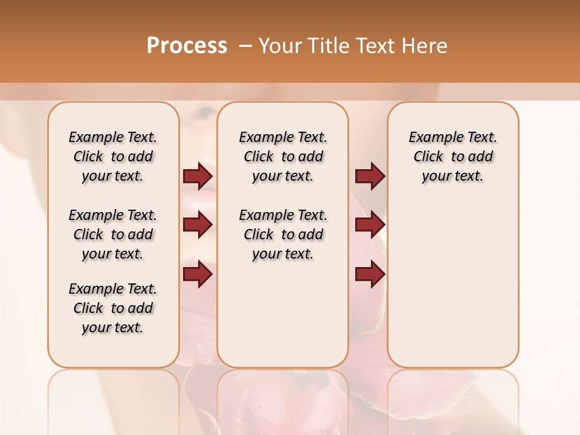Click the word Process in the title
tap(187, 45)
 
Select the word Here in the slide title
tap(426, 45)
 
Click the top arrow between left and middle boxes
tap(198, 176)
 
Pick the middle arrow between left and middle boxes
tap(198, 225)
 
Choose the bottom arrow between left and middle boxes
tap(198, 274)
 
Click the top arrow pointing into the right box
tap(370, 176)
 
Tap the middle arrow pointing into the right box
tap(370, 225)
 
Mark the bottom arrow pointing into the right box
tap(370, 274)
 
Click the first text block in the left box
tap(113, 156)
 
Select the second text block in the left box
tap(113, 234)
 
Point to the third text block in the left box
tap(113, 308)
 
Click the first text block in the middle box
tap(283, 156)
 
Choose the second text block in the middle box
tap(283, 234)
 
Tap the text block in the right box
tap(453, 156)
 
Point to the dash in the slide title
tap(245, 46)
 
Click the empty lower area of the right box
tap(453, 284)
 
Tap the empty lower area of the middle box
tap(283, 314)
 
